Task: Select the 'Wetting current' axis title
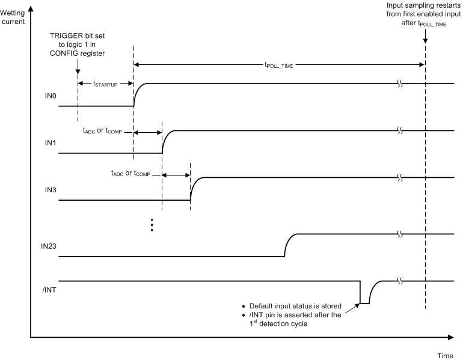click(x=14, y=17)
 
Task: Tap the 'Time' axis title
click(x=445, y=356)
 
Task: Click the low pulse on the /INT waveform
click(x=364, y=303)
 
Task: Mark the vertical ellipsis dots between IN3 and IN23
click(x=152, y=225)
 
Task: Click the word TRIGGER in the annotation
click(x=64, y=35)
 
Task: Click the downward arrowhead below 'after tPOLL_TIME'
click(x=425, y=41)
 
